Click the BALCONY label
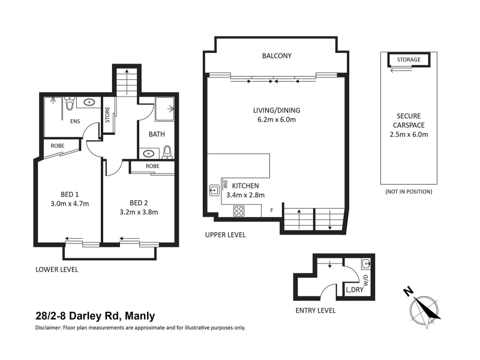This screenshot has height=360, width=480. pos(277,56)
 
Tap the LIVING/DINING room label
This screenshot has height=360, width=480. pos(277,110)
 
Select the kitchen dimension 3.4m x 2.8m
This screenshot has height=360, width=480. pos(245,195)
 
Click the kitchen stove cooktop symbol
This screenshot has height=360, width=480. pos(239,211)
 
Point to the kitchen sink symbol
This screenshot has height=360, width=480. pos(214,190)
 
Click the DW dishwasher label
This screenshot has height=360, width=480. pos(226,184)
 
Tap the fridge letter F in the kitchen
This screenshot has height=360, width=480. pos(272,211)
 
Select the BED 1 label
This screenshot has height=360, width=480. pos(70,194)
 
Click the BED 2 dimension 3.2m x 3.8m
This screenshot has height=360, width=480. pos(139,212)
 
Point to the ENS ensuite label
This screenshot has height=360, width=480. pos(75,121)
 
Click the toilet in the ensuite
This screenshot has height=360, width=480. pos(70,103)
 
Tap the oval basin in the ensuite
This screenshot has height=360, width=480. pos(89,102)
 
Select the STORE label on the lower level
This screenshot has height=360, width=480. pos(107,115)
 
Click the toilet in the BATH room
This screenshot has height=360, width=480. pos(167,152)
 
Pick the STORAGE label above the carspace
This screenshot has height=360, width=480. pos(409,59)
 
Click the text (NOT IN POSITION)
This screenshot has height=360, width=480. pos(409,191)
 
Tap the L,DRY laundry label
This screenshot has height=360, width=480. pos(355,290)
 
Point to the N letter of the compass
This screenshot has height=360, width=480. pos(407,292)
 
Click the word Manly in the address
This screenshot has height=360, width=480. pos(140,316)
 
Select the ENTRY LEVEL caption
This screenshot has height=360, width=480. pos(316,310)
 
